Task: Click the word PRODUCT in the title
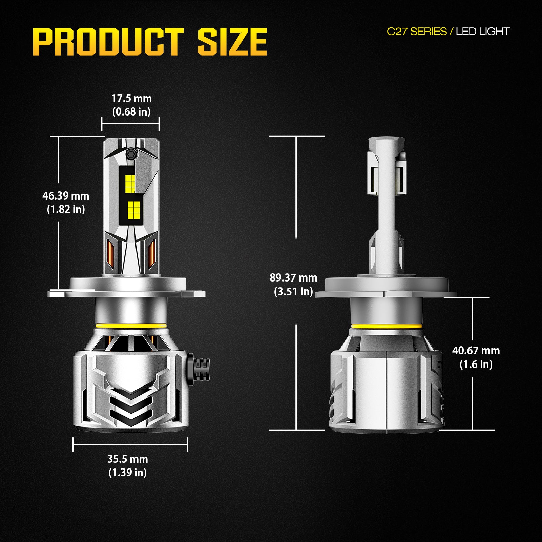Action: coord(108,42)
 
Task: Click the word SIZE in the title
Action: coord(232,42)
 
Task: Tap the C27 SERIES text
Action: coord(417,32)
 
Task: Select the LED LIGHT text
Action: coord(482,32)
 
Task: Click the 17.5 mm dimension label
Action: coord(131,99)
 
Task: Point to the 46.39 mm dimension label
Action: coord(66,196)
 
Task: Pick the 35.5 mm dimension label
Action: coord(128,459)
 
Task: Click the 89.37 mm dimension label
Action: coord(293,278)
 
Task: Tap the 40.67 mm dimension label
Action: coord(476,351)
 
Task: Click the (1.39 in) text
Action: coord(128,473)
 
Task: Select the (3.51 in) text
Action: coord(293,292)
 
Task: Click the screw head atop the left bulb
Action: coord(131,153)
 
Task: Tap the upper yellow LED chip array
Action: coord(130,184)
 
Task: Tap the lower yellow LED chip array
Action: coord(134,209)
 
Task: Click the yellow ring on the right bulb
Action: coord(387,327)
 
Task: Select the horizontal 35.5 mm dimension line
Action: coord(130,444)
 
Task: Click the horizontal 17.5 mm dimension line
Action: coord(130,124)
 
